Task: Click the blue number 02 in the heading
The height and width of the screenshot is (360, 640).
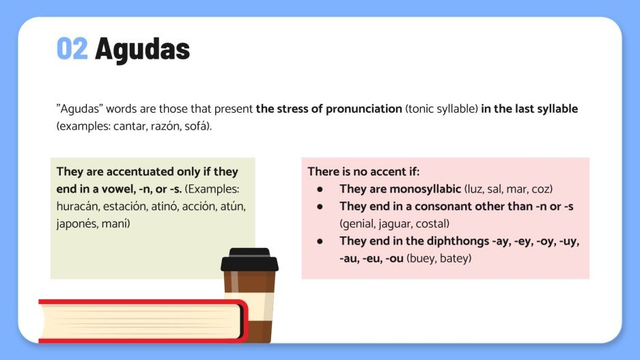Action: (72, 49)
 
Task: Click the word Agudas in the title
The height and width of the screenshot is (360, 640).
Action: (142, 49)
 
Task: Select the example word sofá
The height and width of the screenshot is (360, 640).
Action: (197, 127)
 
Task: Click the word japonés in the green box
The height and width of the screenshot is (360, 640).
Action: (76, 223)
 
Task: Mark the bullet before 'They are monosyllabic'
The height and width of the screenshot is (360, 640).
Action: (319, 189)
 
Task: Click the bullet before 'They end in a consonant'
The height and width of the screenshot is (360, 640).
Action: (319, 206)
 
